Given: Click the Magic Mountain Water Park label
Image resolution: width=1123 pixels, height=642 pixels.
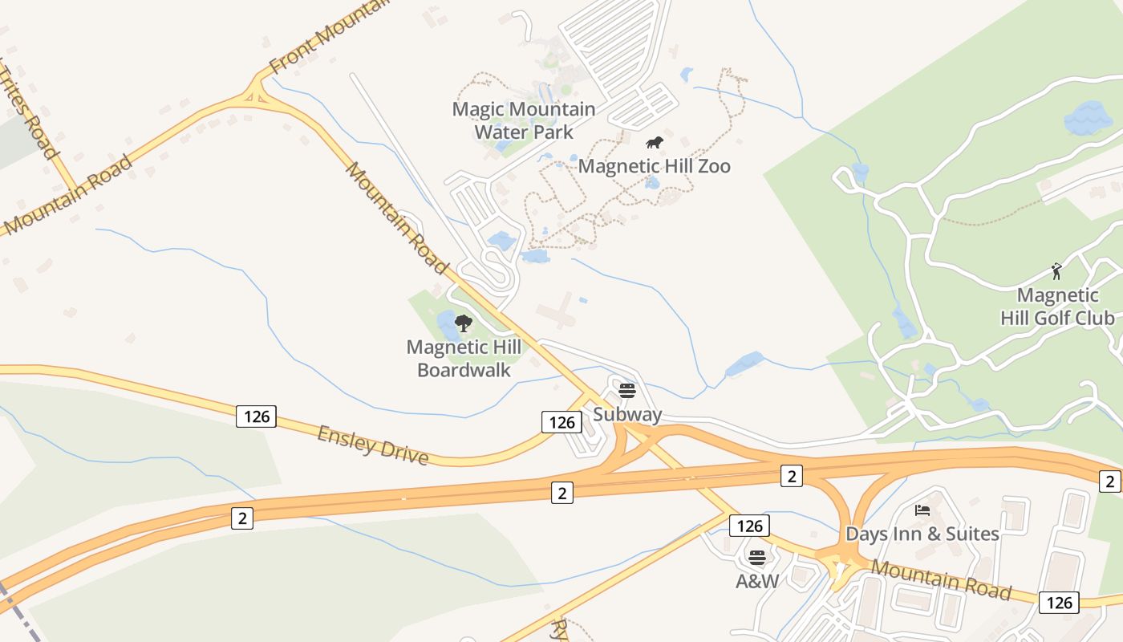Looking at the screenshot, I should point(524,120).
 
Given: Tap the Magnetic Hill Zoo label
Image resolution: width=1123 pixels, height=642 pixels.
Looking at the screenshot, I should point(654,166).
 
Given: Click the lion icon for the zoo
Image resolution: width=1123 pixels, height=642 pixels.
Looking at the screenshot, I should point(655,144).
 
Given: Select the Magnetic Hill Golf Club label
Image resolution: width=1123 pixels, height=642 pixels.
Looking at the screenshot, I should point(1057,307).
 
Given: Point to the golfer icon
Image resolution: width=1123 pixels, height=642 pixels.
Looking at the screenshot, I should point(1056,271).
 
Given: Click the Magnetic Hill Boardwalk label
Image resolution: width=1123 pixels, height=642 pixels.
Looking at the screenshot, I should point(464,359).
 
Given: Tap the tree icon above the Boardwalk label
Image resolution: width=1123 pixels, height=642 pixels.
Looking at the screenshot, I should point(463,323).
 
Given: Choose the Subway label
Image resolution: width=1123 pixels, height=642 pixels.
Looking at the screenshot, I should point(627,414).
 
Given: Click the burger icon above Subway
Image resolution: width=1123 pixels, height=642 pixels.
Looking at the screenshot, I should point(627,391).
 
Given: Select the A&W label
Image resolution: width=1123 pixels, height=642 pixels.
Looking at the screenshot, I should point(757,581).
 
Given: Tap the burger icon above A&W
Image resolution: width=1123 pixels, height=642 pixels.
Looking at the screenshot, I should point(757,557).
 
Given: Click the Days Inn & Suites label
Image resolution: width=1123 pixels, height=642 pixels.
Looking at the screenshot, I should point(922,534).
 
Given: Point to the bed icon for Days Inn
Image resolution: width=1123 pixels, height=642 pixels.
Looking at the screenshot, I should point(922,510).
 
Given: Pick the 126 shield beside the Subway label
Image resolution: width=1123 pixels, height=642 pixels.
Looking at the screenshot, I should point(561,422).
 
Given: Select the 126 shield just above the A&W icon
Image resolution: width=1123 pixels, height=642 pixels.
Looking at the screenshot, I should point(749,526).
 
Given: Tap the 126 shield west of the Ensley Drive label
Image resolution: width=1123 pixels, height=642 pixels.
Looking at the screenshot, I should point(257,416).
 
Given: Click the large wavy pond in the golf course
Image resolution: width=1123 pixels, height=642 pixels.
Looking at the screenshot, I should point(1088,119).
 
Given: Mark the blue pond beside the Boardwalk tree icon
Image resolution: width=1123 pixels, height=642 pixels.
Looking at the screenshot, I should point(445,325).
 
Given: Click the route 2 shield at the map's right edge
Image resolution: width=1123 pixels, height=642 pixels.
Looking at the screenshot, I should point(1110,481).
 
